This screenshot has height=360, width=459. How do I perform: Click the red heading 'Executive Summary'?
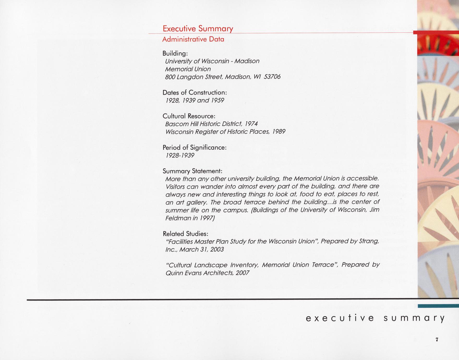pyautogui.click(x=198, y=28)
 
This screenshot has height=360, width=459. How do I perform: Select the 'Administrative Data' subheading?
pyautogui.click(x=193, y=39)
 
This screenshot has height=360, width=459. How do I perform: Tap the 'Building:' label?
pyautogui.click(x=175, y=53)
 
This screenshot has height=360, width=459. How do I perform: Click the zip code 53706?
pyautogui.click(x=272, y=77)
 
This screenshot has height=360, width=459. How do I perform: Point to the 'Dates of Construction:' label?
pyautogui.click(x=195, y=93)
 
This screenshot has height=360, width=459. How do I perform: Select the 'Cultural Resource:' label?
pyautogui.click(x=189, y=116)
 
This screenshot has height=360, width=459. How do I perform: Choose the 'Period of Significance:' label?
pyautogui.click(x=195, y=148)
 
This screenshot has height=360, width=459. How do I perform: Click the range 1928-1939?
pyautogui.click(x=180, y=155)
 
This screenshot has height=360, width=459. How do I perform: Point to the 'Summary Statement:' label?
pyautogui.click(x=192, y=171)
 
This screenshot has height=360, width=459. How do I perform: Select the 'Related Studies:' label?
pyautogui.click(x=185, y=234)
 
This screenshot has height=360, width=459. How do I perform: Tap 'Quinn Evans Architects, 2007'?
pyautogui.click(x=207, y=273)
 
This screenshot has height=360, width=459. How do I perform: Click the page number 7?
pyautogui.click(x=437, y=339)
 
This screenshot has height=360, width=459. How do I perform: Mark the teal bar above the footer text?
pyautogui.click(x=438, y=306)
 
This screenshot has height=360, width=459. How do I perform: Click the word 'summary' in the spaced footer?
pyautogui.click(x=414, y=318)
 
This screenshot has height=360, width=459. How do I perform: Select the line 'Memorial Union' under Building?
pyautogui.click(x=188, y=69)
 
